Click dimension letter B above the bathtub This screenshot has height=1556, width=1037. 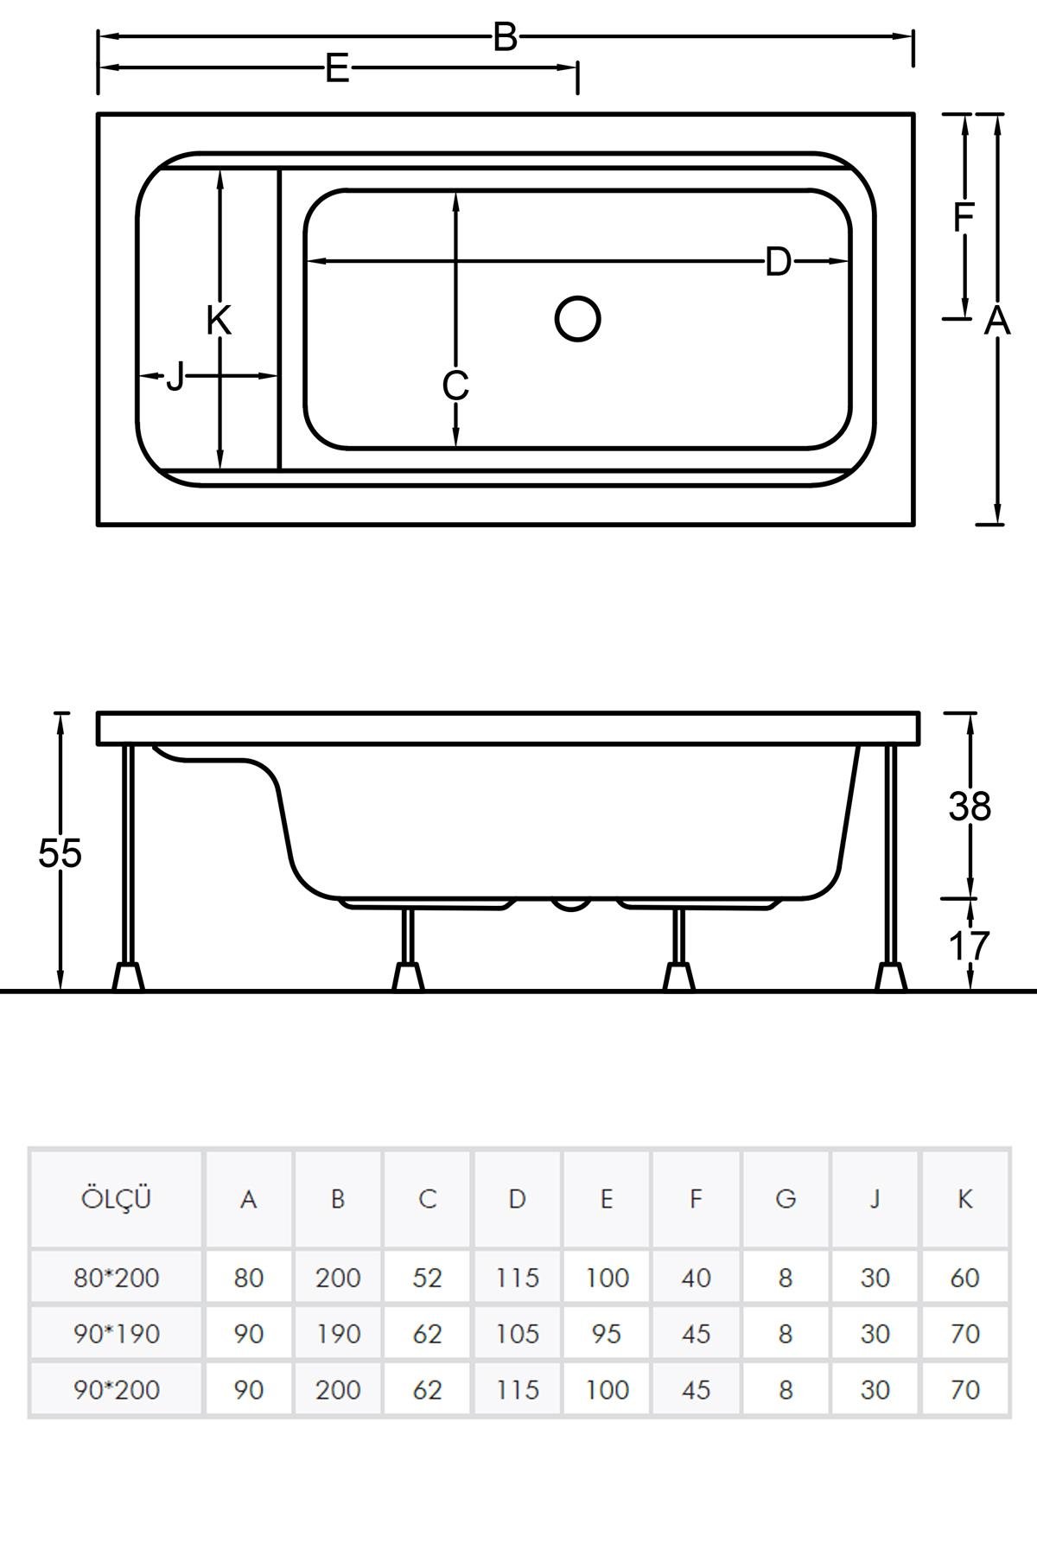click(x=505, y=37)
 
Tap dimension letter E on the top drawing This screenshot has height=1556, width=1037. click(x=337, y=68)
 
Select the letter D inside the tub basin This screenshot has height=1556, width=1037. click(x=778, y=261)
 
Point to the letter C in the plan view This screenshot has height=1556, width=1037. click(x=455, y=386)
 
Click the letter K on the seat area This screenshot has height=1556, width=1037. click(x=219, y=321)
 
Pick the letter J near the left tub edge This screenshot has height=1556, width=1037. click(x=175, y=377)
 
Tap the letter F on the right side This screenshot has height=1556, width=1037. click(x=963, y=218)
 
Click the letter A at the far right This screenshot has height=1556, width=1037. click(x=997, y=321)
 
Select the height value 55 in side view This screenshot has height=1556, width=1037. click(x=60, y=853)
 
